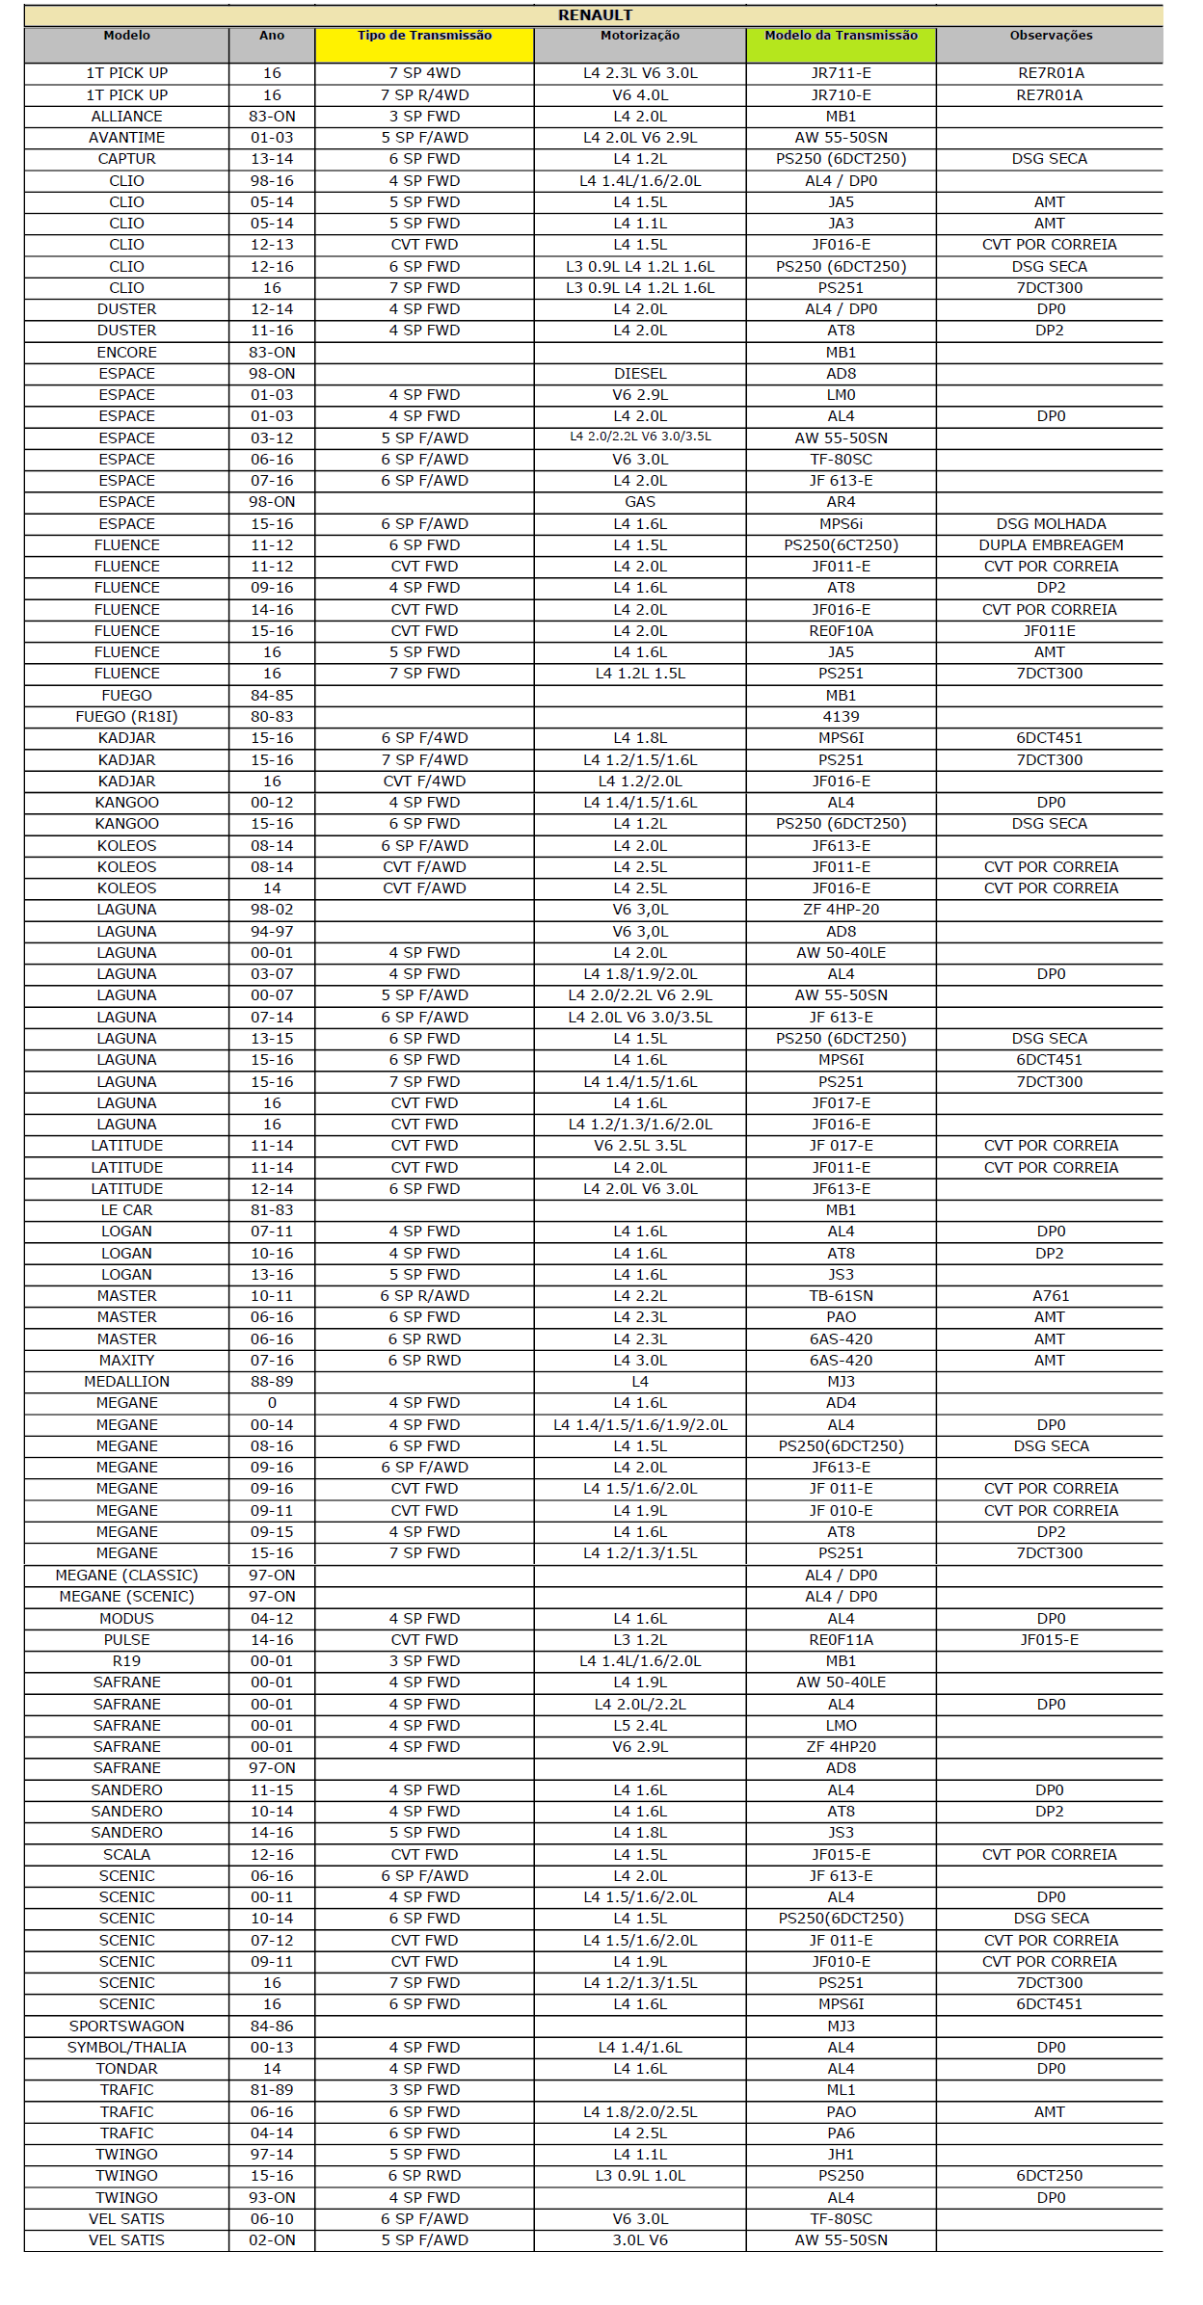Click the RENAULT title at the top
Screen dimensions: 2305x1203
click(x=595, y=15)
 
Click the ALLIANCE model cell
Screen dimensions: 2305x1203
click(x=126, y=117)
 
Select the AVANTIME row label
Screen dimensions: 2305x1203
click(x=126, y=138)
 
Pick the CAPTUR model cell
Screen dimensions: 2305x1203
click(x=126, y=159)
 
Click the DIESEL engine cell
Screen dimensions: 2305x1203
click(x=640, y=374)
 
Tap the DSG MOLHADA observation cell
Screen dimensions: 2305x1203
click(x=1051, y=524)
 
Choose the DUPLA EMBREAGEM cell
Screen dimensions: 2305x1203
click(x=1051, y=545)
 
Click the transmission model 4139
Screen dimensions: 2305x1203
click(x=841, y=717)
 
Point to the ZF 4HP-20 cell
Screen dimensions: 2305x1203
click(x=841, y=910)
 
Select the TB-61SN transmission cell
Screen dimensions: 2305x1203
click(x=841, y=1296)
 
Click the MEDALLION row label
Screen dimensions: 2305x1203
click(x=126, y=1382)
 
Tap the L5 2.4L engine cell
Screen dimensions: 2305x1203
click(x=640, y=1726)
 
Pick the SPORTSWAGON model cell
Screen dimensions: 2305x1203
click(x=126, y=2027)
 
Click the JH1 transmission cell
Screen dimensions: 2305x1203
click(x=841, y=2155)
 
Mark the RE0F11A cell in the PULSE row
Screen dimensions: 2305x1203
click(x=841, y=1640)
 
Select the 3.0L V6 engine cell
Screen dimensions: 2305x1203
click(x=640, y=2240)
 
